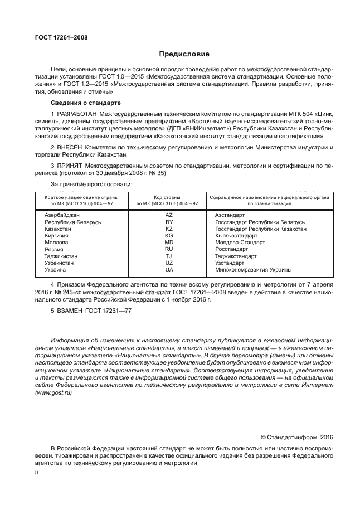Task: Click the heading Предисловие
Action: coord(184,54)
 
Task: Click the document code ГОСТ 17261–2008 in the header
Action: coord(57,37)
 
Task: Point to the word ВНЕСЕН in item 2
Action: coord(70,147)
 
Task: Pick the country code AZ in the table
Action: coord(169,214)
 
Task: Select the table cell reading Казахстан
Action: coord(58,229)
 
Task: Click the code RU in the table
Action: coord(169,250)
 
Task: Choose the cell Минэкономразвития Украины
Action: coord(253,270)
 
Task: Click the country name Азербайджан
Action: coord(62,214)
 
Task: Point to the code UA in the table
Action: coord(169,270)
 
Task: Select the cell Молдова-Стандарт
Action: coord(240,243)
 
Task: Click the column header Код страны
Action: coord(169,197)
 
